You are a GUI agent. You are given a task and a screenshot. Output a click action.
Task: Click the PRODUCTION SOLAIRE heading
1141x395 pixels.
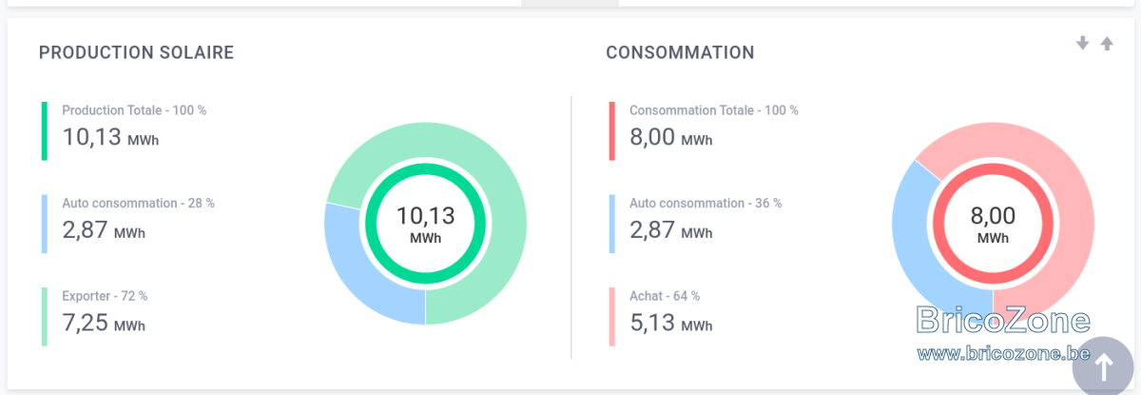[136, 52]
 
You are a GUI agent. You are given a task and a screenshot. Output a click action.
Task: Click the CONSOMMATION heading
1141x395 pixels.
[680, 52]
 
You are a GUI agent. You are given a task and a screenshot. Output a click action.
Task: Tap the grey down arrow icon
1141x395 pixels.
[1082, 44]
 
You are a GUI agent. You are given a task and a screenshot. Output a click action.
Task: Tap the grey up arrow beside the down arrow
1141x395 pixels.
[1107, 44]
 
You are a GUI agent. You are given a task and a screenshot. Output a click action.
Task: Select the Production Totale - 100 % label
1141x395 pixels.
[134, 110]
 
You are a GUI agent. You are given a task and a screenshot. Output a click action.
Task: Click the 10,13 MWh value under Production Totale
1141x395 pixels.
[110, 137]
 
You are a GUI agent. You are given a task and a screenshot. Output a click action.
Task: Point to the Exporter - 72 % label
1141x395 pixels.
[105, 296]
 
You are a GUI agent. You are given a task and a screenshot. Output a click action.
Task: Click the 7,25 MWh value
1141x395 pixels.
[104, 323]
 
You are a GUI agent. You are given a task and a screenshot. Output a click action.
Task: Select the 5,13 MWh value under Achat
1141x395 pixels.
[671, 323]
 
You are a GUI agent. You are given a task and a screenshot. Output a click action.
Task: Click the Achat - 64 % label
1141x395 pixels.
[665, 296]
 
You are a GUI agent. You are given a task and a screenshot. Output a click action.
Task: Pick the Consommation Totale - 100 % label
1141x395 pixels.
[714, 110]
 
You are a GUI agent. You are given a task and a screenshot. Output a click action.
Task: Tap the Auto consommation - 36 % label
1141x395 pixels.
[706, 203]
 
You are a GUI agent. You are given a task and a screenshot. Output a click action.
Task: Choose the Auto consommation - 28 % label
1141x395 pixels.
[138, 203]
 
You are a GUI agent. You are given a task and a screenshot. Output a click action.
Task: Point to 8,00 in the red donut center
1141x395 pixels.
[993, 216]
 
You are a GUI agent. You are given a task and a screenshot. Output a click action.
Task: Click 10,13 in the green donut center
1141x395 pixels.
[425, 216]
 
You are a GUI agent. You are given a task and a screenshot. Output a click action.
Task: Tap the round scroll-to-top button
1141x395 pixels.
[1103, 365]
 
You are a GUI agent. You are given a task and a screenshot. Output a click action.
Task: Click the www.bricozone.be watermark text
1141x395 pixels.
[1003, 353]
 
